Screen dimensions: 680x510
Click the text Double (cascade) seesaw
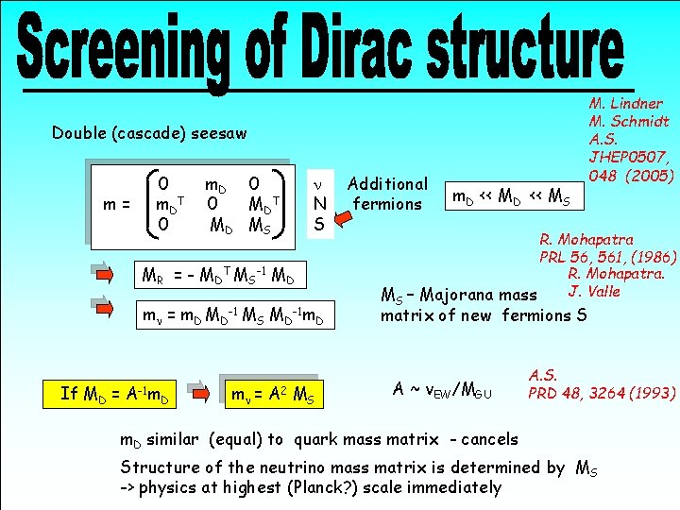tap(149, 133)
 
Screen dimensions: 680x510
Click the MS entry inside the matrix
tap(260, 226)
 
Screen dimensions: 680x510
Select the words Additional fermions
tap(387, 194)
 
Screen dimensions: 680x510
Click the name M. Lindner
tap(626, 104)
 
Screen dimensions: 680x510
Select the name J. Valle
tap(595, 291)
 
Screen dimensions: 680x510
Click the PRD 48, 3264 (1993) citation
tap(602, 392)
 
